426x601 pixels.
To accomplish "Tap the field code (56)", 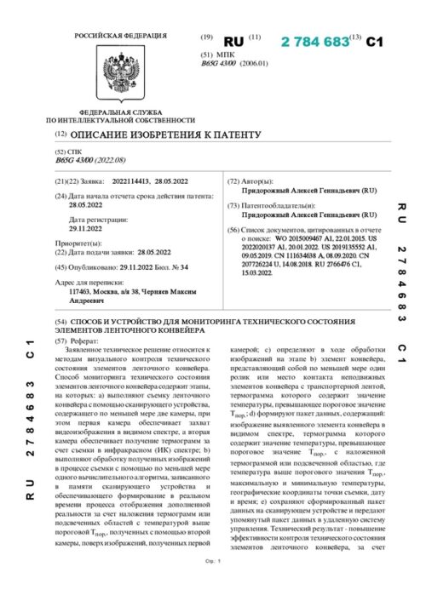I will point(234,231).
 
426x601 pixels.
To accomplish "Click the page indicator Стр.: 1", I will point(213,587).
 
